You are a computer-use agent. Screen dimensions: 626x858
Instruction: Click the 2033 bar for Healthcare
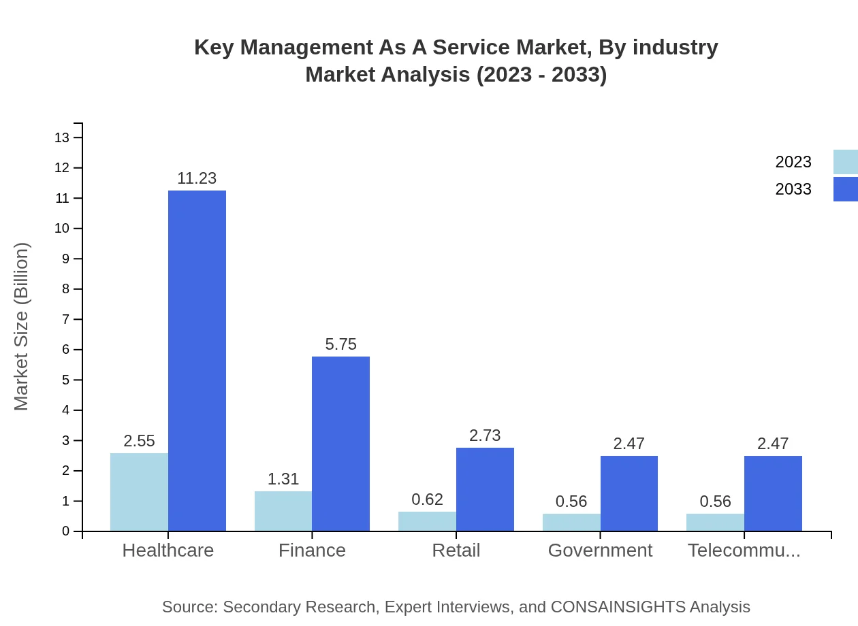[197, 361]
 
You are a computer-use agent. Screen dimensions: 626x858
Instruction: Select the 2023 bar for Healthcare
[139, 492]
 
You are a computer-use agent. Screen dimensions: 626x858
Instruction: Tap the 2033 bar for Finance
[340, 444]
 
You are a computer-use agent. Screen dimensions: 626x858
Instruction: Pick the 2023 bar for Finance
[283, 511]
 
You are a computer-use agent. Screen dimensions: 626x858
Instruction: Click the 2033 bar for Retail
[485, 489]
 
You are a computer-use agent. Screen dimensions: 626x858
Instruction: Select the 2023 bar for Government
[571, 522]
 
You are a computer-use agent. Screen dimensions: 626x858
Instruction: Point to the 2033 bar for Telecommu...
[773, 493]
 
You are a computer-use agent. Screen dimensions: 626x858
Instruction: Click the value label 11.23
[197, 178]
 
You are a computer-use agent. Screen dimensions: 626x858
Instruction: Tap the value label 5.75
[340, 344]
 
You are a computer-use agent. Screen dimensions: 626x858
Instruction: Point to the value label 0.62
[428, 499]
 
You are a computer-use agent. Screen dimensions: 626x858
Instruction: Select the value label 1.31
[283, 479]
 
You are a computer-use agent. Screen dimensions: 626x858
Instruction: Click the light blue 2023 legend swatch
[845, 162]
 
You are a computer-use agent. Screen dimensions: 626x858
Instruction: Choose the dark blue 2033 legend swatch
[845, 189]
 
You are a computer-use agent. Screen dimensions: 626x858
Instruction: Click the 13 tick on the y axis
[62, 137]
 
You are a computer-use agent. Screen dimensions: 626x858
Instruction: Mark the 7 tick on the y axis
[66, 319]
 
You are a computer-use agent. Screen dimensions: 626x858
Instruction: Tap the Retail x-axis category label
[456, 550]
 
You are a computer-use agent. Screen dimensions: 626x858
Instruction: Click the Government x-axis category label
[600, 550]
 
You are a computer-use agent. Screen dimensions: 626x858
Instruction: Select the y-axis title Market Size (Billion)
[22, 327]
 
